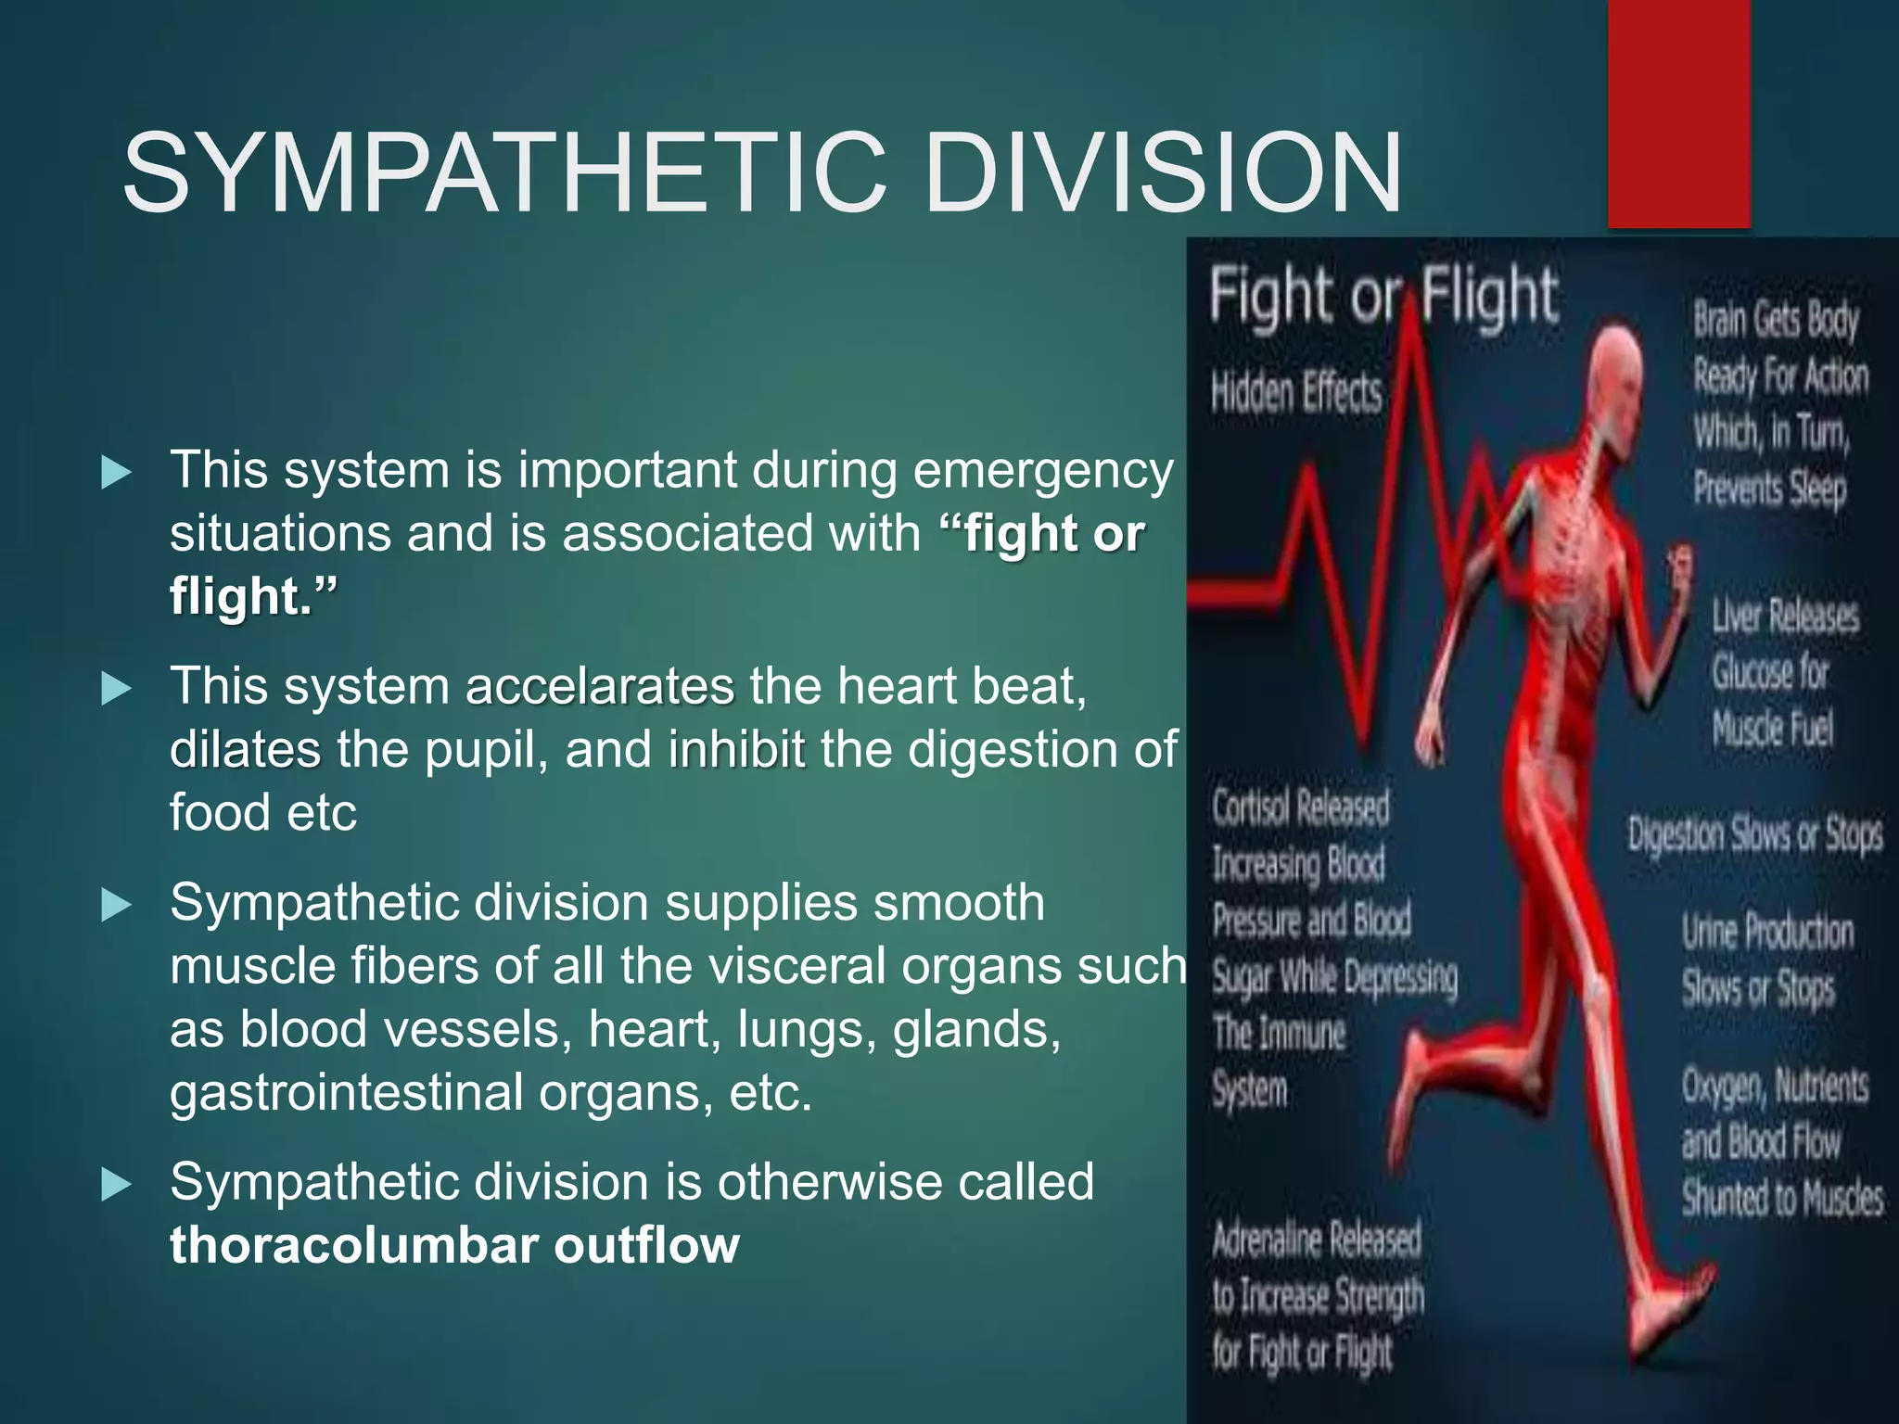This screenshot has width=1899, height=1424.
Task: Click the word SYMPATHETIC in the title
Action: [505, 173]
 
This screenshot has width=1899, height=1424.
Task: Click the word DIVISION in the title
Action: [1163, 173]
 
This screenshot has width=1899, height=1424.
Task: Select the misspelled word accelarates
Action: [600, 687]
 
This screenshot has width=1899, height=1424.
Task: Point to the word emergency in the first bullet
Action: [1043, 470]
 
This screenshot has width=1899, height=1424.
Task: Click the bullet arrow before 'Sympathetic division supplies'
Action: [116, 905]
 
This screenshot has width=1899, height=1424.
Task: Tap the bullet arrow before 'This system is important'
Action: [116, 473]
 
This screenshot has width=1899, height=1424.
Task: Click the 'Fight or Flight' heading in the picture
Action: [1382, 295]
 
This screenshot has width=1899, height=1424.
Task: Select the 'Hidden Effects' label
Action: [1295, 391]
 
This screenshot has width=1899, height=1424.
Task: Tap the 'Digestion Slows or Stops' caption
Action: [1754, 833]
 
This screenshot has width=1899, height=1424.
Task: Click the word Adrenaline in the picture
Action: [1267, 1240]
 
